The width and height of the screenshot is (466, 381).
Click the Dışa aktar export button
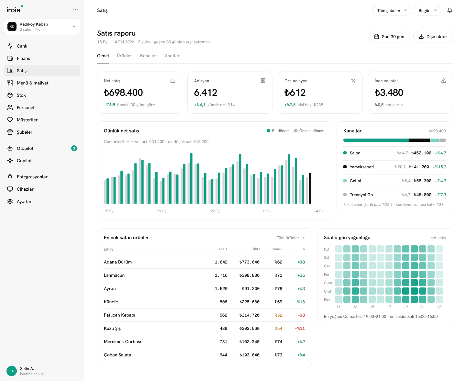click(433, 37)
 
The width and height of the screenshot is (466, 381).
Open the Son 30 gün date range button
click(389, 37)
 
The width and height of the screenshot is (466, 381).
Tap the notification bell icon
click(449, 10)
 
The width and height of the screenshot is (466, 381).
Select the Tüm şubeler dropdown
click(392, 11)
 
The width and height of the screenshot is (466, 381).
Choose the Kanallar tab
click(149, 56)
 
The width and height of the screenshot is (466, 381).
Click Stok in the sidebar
click(21, 95)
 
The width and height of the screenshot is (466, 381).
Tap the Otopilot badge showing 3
click(74, 148)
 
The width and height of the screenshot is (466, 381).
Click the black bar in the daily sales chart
click(310, 188)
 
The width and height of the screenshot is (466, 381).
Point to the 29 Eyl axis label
click(215, 211)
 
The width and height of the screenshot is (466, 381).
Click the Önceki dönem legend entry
click(309, 131)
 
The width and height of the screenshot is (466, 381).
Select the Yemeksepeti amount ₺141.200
click(419, 167)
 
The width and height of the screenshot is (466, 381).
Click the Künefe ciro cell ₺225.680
click(250, 302)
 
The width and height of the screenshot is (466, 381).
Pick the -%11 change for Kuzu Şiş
click(300, 329)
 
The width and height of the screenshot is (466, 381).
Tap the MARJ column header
click(278, 249)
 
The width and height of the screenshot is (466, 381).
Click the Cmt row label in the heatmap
click(327, 291)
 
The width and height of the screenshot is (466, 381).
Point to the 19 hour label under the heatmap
click(406, 307)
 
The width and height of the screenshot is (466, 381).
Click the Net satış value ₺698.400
click(123, 93)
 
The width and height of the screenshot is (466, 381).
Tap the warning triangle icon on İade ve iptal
click(443, 81)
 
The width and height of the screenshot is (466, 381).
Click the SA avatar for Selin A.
click(12, 371)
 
